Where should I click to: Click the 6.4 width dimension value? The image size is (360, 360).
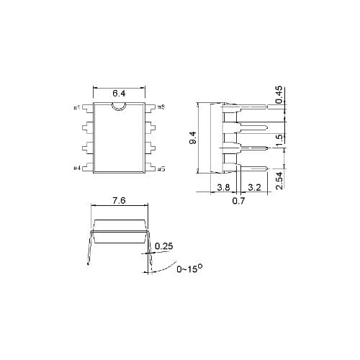pyautogui.click(x=120, y=94)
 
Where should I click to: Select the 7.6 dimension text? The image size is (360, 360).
pyautogui.click(x=120, y=202)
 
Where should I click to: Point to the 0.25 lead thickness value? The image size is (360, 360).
pyautogui.click(x=163, y=246)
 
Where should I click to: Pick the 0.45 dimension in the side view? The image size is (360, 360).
pyautogui.click(x=279, y=95)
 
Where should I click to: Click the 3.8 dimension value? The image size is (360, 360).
pyautogui.click(x=224, y=187)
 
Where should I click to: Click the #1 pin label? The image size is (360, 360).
pyautogui.click(x=77, y=108)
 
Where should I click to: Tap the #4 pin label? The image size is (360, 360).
pyautogui.click(x=77, y=168)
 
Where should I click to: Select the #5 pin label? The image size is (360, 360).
pyautogui.click(x=161, y=169)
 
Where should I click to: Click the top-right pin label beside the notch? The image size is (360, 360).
pyautogui.click(x=161, y=108)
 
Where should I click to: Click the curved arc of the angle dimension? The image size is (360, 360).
pyautogui.click(x=164, y=268)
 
